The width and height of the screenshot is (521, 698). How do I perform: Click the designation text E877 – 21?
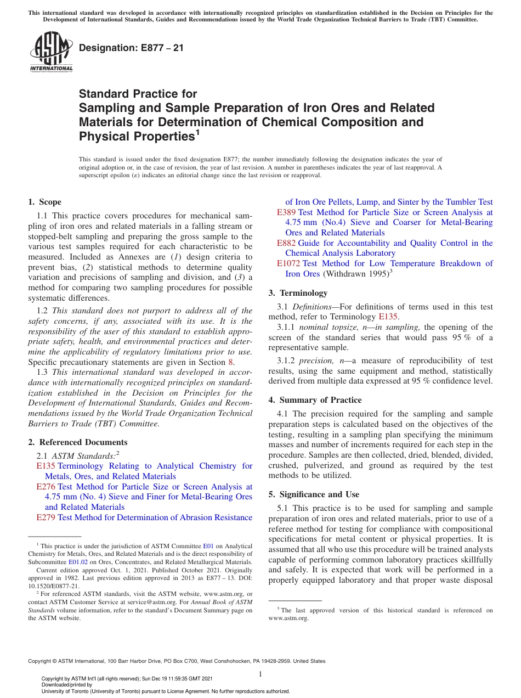[131, 48]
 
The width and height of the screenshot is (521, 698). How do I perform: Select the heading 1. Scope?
[45, 202]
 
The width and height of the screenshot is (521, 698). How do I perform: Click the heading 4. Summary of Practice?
[315, 400]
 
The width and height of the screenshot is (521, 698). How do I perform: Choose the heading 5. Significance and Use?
[314, 494]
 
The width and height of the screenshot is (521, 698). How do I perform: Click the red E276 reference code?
[46, 487]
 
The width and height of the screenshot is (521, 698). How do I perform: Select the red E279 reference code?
[46, 517]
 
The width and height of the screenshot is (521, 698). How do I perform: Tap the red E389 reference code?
[286, 212]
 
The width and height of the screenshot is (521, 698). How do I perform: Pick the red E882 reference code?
[286, 243]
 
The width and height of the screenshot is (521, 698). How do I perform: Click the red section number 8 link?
[230, 362]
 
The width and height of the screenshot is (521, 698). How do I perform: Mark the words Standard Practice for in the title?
[138, 94]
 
